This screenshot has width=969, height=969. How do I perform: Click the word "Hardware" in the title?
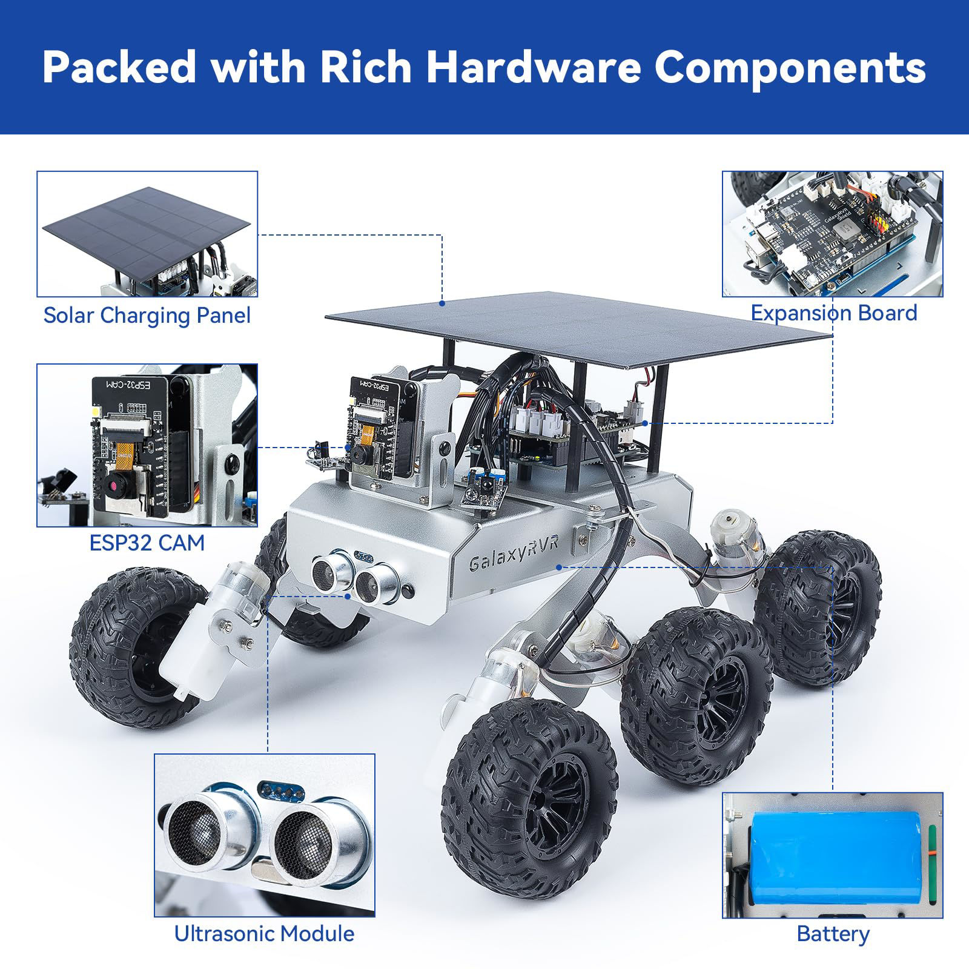pos(532,67)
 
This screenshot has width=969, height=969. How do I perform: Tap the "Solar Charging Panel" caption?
pos(147,316)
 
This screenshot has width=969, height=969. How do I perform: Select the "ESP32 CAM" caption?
pos(147,543)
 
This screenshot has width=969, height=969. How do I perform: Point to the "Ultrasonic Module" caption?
pos(264,933)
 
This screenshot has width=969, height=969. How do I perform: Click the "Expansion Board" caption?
pos(833,313)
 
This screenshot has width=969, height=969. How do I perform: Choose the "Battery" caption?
pos(833,933)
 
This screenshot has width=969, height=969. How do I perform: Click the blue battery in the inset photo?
pos(836,853)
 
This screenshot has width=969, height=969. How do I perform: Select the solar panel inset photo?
pos(147,234)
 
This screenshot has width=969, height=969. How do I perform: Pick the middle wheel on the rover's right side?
pos(696,681)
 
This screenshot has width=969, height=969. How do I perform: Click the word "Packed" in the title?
pos(120,67)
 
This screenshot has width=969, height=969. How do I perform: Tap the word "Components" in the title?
pos(790,67)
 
